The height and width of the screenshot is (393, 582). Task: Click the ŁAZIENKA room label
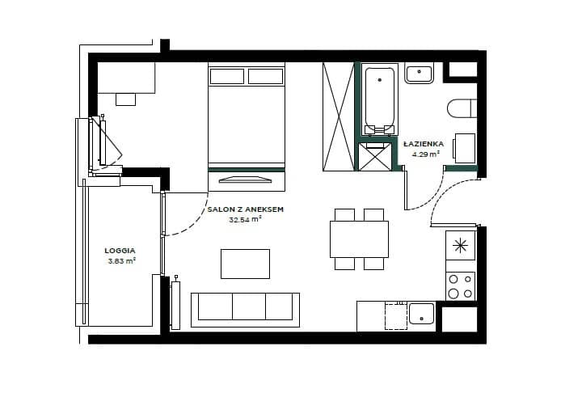tap(424, 144)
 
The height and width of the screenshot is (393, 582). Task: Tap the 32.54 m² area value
tap(245, 219)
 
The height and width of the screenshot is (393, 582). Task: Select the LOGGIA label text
tap(120, 251)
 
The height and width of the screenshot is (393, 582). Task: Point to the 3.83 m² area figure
tap(122, 260)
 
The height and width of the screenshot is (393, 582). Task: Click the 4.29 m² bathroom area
tap(426, 154)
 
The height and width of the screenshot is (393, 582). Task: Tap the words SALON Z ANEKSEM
tap(246, 209)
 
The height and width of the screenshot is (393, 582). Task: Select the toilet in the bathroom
tap(462, 108)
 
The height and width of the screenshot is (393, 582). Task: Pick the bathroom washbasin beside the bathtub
tap(419, 74)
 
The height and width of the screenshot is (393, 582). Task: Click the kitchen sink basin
tap(421, 314)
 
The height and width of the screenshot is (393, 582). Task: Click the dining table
tap(359, 239)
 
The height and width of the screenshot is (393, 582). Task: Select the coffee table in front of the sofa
tap(246, 264)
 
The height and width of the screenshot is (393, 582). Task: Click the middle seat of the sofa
tap(249, 306)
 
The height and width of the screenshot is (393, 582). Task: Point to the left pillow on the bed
tap(227, 77)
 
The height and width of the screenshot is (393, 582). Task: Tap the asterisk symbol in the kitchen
tap(460, 245)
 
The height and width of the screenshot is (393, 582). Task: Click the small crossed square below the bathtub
tap(375, 156)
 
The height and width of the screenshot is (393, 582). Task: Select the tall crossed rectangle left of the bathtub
tap(339, 116)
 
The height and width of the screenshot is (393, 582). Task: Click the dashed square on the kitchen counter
tap(396, 316)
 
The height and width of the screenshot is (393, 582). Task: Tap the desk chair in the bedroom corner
tap(125, 99)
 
